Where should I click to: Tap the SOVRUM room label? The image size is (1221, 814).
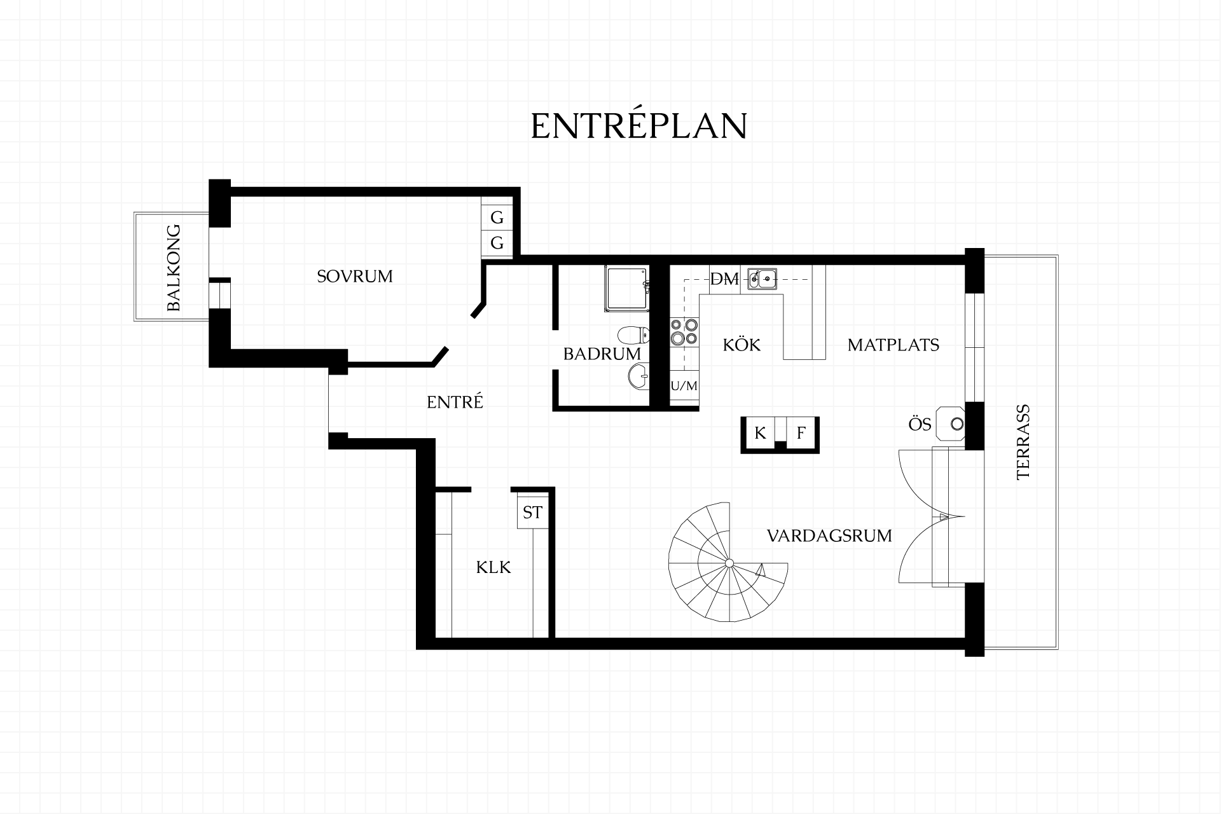click(355, 276)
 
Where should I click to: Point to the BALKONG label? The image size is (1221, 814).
click(174, 268)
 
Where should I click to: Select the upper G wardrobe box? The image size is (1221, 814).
click(497, 217)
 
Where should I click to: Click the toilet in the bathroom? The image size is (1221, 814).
click(633, 335)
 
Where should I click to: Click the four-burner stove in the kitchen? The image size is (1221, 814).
click(684, 333)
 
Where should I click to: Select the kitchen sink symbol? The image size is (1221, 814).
click(762, 278)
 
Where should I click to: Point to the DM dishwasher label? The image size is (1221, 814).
click(724, 279)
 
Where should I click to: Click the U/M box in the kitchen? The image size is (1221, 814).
click(684, 386)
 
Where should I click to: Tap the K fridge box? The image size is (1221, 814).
click(760, 433)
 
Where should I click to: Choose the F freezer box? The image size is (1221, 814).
click(801, 433)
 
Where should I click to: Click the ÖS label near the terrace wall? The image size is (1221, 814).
click(920, 424)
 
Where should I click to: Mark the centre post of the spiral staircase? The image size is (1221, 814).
click(729, 562)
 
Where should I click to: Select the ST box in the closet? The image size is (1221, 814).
click(532, 512)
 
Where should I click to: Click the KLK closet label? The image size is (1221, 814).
click(493, 567)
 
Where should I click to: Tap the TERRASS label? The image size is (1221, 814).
click(1023, 441)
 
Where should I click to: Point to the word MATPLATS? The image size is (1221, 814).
click(893, 345)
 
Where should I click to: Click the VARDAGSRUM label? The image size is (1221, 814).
click(829, 535)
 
